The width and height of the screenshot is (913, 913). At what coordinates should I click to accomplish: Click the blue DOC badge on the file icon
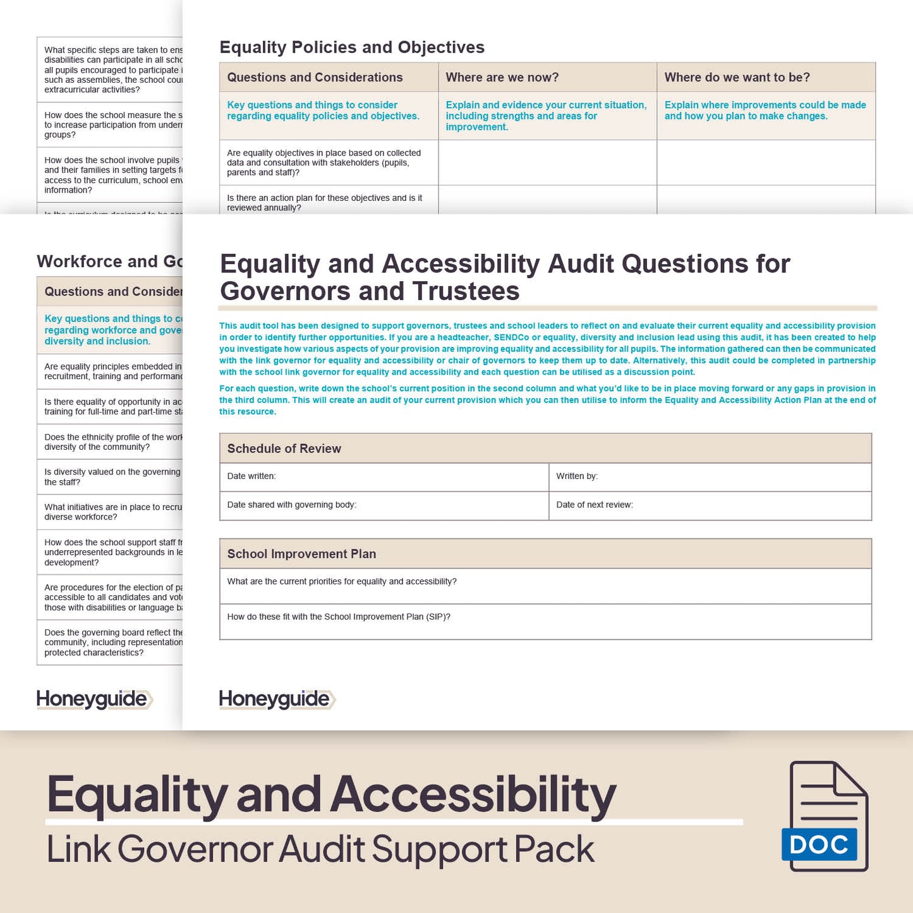tap(819, 844)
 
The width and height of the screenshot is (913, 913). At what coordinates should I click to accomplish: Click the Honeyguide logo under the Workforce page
tap(94, 699)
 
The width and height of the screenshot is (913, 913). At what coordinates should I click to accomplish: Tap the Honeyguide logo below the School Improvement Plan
tap(276, 699)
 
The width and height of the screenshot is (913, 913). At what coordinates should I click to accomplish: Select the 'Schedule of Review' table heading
tap(284, 449)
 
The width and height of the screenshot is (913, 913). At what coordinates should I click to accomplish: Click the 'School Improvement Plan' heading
tap(301, 554)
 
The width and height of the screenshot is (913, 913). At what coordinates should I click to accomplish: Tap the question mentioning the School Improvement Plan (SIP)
tap(339, 617)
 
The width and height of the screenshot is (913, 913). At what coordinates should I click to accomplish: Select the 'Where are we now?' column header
tap(502, 78)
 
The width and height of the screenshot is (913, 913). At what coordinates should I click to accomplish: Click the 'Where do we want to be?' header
tap(737, 78)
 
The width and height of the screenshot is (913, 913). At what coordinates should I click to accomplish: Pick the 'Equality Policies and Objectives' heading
tap(352, 47)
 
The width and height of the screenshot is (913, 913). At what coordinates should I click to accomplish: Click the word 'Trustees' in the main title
tap(466, 291)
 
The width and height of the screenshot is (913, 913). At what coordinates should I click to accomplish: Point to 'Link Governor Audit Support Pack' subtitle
tap(320, 849)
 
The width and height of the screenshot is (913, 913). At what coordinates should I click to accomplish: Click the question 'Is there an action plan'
tap(324, 203)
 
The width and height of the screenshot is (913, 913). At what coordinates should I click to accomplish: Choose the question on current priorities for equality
tap(342, 581)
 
